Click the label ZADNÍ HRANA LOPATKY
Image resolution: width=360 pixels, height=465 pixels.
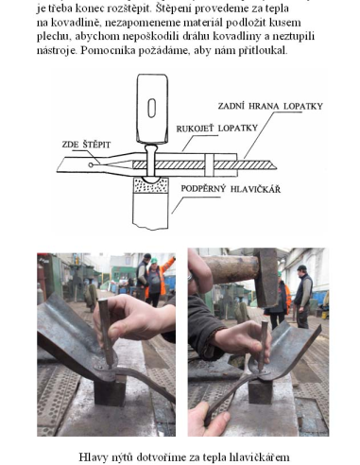click(270, 106)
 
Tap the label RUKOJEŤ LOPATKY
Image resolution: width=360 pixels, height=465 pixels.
click(217, 129)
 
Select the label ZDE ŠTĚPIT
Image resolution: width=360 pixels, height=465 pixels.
click(86, 145)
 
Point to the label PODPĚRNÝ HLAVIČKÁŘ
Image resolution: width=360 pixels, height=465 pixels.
click(231, 189)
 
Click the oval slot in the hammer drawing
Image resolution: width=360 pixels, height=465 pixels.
click(152, 108)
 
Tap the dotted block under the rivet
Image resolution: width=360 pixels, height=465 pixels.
click(151, 185)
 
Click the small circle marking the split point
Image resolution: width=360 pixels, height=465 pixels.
click(91, 164)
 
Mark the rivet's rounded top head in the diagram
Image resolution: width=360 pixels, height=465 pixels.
click(151, 148)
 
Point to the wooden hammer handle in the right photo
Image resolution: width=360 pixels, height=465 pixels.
click(231, 269)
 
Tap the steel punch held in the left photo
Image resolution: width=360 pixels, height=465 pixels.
click(107, 333)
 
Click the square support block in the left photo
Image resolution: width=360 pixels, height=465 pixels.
click(110, 391)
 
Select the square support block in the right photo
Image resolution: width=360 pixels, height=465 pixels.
click(260, 390)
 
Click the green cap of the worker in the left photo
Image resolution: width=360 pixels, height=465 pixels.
click(154, 261)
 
